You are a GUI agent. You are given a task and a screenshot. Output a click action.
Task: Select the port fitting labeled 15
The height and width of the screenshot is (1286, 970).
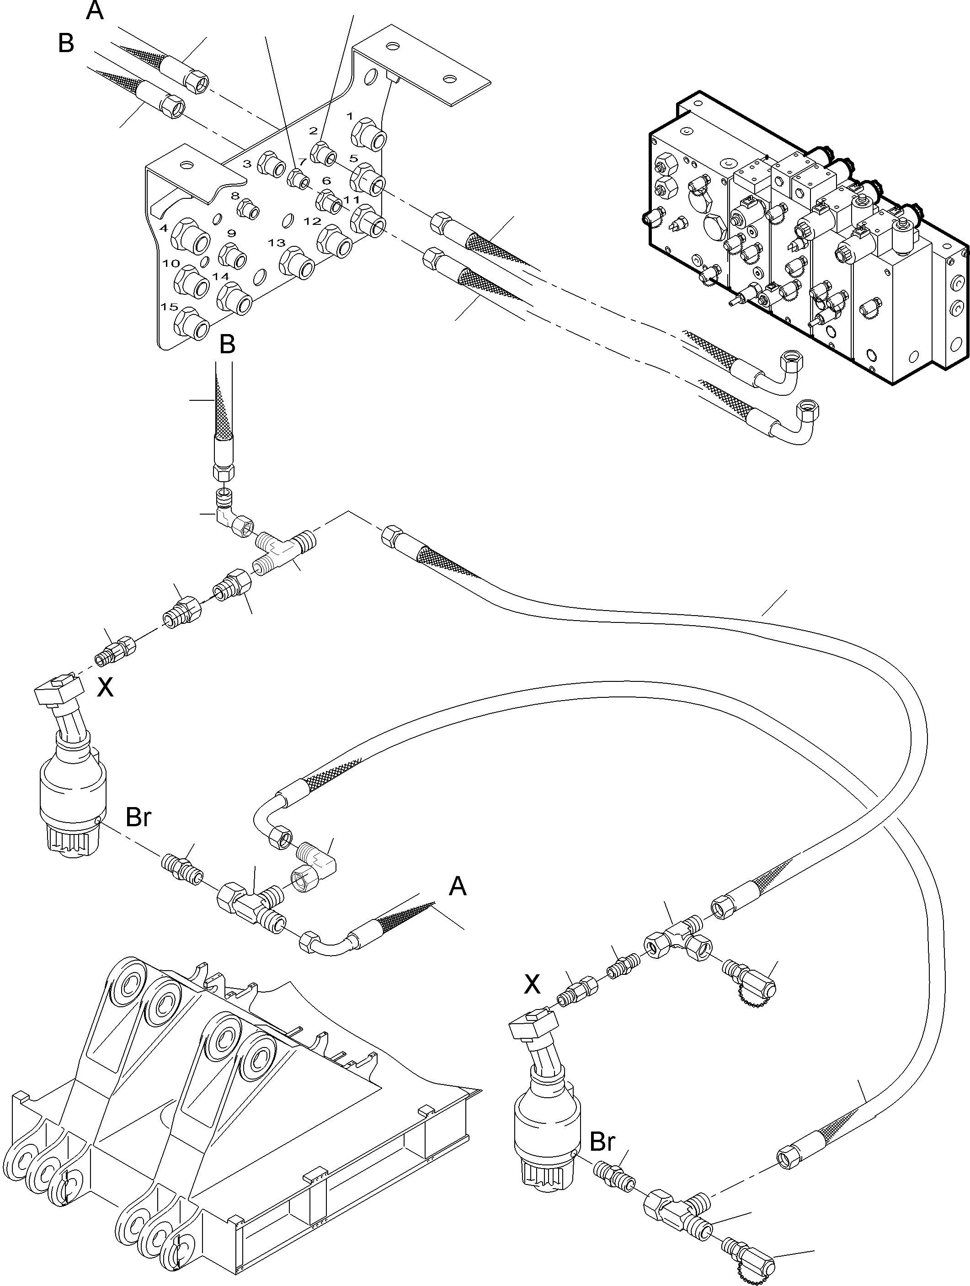click(192, 324)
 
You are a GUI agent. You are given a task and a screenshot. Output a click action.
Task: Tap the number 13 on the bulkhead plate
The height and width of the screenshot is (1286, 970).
click(277, 242)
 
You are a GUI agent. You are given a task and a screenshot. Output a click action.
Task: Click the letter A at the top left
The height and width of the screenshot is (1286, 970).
click(95, 11)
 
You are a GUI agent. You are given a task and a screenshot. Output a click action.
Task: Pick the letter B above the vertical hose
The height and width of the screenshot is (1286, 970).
click(227, 345)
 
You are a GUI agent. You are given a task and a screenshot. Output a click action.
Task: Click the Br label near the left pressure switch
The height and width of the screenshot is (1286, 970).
click(139, 818)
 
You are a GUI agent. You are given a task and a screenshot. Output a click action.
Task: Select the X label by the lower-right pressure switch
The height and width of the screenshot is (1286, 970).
click(532, 984)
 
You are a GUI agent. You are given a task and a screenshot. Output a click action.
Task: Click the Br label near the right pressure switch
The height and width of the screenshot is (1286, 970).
click(602, 1142)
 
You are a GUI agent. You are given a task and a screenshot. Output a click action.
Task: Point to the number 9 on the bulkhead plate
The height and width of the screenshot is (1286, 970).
click(231, 234)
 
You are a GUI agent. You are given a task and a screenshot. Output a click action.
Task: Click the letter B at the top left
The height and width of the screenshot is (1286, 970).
click(66, 43)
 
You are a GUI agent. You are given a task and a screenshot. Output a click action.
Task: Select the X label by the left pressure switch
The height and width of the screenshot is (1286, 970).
click(105, 688)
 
